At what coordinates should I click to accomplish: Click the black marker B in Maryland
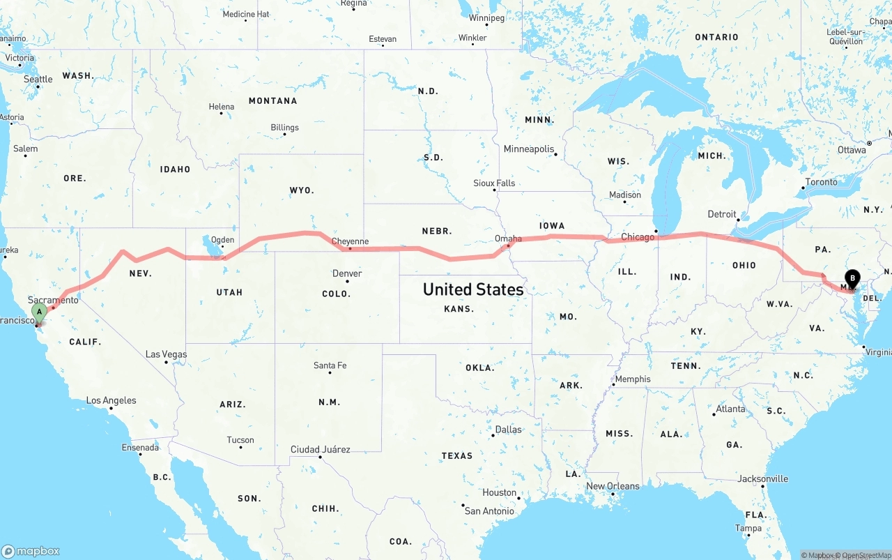(x=852, y=279)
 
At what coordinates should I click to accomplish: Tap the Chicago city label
(x=638, y=237)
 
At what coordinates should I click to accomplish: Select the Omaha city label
(x=508, y=239)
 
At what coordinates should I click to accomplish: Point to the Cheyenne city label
(x=350, y=241)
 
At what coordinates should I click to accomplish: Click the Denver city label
(x=347, y=273)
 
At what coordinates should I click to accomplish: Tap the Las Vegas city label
(x=166, y=354)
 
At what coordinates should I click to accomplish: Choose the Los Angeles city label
(x=111, y=400)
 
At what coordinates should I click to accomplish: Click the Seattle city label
(x=38, y=79)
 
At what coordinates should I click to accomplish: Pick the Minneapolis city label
(x=529, y=149)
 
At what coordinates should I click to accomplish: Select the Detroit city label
(x=721, y=214)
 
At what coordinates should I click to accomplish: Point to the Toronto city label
(x=821, y=182)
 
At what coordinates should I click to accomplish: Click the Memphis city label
(x=633, y=379)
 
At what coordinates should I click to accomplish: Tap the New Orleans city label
(x=613, y=486)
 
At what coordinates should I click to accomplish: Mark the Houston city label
(x=499, y=492)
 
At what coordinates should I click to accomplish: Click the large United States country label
(x=473, y=289)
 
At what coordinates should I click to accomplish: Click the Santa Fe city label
(x=330, y=365)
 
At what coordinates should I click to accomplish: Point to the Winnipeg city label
(x=486, y=18)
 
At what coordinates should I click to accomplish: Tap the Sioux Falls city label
(x=494, y=183)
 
